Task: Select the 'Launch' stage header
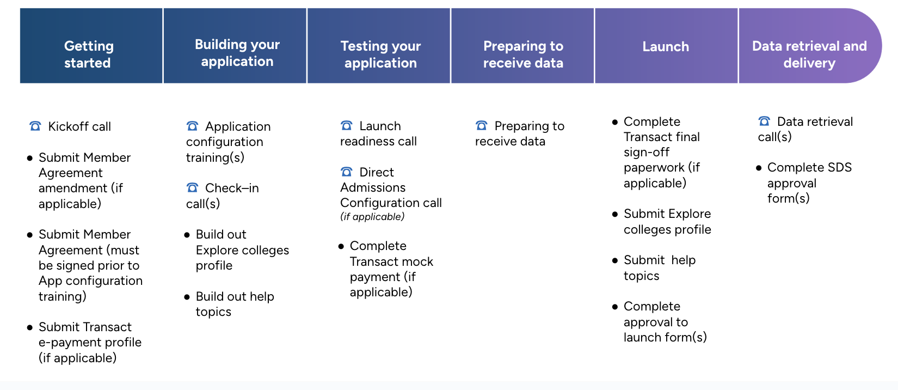click(666, 46)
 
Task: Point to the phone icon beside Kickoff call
click(35, 126)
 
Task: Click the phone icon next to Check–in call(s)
click(192, 188)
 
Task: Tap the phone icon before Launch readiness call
click(346, 126)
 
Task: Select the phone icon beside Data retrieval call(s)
click(764, 121)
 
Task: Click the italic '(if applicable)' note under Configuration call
click(372, 217)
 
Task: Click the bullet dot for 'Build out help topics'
click(187, 297)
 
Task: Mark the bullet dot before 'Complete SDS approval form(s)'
click(758, 168)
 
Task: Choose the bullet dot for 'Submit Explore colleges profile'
click(614, 214)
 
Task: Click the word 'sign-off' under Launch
click(646, 152)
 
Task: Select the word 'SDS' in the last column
click(839, 167)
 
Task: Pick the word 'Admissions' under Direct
click(373, 187)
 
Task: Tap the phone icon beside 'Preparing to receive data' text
click(481, 126)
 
